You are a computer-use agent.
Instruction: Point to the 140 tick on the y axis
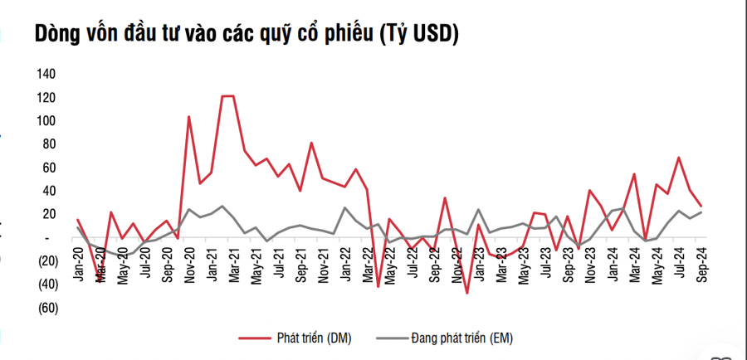click(45, 74)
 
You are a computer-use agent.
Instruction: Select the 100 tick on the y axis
click(45, 121)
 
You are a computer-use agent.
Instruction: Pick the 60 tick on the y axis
click(48, 168)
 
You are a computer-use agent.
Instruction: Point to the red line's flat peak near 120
click(227, 96)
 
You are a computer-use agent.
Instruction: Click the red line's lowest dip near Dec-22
click(467, 293)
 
